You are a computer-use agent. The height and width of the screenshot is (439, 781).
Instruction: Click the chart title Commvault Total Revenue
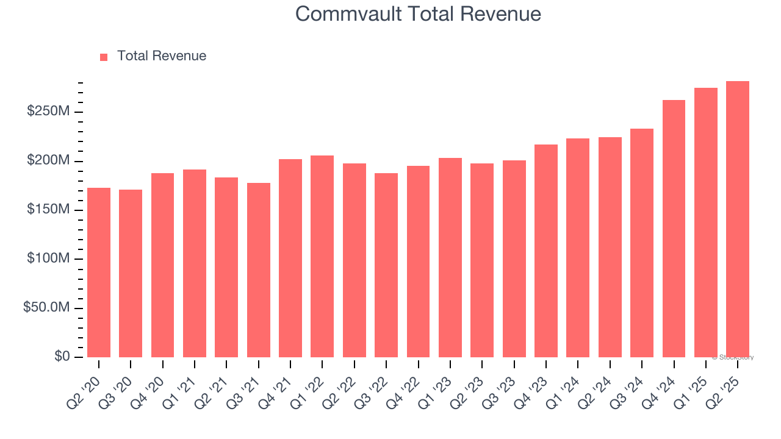[x=418, y=13]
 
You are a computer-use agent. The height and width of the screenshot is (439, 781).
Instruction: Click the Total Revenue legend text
[x=162, y=56]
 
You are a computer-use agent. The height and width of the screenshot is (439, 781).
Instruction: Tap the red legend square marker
[x=104, y=57]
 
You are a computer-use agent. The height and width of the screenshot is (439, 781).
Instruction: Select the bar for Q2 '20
[x=99, y=273]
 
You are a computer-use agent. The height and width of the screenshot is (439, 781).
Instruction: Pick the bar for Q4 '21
[x=290, y=258]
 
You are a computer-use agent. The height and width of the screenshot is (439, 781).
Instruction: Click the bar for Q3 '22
[x=386, y=265]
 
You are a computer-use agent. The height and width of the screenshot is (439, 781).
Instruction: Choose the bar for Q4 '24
[x=674, y=229]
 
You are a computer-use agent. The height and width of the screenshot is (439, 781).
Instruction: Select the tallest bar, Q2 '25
[x=738, y=220]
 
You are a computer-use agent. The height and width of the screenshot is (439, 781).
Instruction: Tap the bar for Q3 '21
[x=259, y=270]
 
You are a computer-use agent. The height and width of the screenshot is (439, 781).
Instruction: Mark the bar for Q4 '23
[x=546, y=251]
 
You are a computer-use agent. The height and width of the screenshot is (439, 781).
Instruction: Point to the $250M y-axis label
[x=48, y=112]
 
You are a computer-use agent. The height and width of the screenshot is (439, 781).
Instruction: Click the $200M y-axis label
[x=48, y=161]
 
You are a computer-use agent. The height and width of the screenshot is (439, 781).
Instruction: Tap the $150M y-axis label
[x=48, y=210]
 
